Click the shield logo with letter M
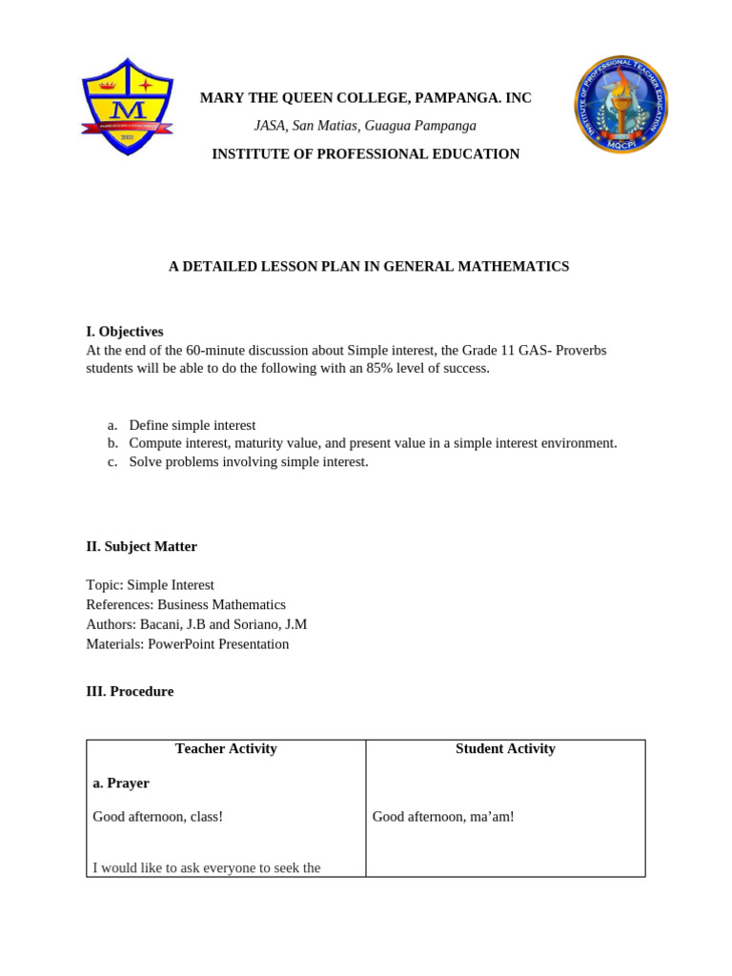pyautogui.click(x=126, y=107)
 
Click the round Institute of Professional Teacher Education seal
pyautogui.click(x=620, y=104)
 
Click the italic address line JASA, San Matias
pyautogui.click(x=365, y=126)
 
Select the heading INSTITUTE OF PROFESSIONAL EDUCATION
pyautogui.click(x=365, y=153)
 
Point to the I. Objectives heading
pyautogui.click(x=125, y=332)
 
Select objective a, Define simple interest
pyautogui.click(x=192, y=425)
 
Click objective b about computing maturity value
pyautogui.click(x=373, y=443)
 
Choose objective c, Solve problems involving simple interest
pyautogui.click(x=248, y=461)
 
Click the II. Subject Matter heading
pyautogui.click(x=142, y=546)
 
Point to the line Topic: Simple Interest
pyautogui.click(x=151, y=585)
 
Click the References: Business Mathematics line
pyautogui.click(x=186, y=604)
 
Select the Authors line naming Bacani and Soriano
pyautogui.click(x=196, y=624)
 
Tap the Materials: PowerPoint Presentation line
pyautogui.click(x=188, y=643)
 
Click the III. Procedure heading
pyautogui.click(x=130, y=691)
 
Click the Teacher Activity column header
pyautogui.click(x=226, y=749)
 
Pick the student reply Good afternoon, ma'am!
pyautogui.click(x=443, y=817)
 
